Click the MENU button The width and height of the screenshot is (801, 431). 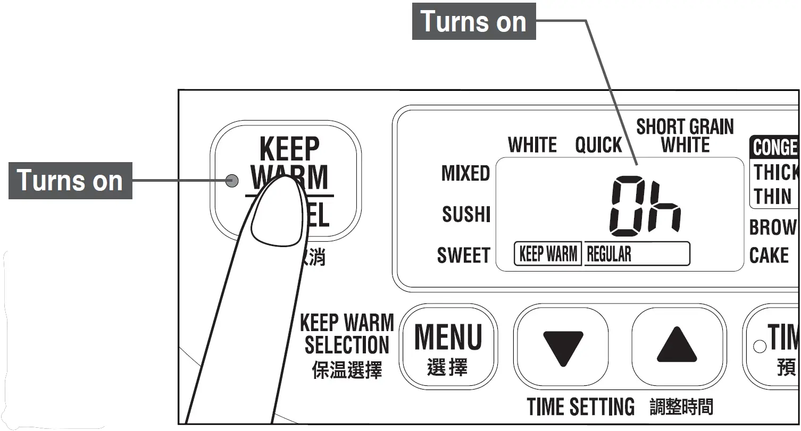448,347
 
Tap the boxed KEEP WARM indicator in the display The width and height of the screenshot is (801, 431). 548,254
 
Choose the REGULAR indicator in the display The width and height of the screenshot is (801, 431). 609,255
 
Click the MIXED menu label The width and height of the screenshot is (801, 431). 465,174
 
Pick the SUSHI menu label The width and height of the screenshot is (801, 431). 466,215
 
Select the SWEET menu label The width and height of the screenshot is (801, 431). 463,256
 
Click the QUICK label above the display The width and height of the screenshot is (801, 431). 598,145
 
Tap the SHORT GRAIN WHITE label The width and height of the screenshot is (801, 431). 685,136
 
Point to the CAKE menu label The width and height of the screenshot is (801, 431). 769,256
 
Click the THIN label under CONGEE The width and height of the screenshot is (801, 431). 772,196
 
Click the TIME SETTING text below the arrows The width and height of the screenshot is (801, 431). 580,407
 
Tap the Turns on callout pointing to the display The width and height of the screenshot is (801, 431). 473,21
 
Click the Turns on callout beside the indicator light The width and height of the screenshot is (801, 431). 70,181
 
